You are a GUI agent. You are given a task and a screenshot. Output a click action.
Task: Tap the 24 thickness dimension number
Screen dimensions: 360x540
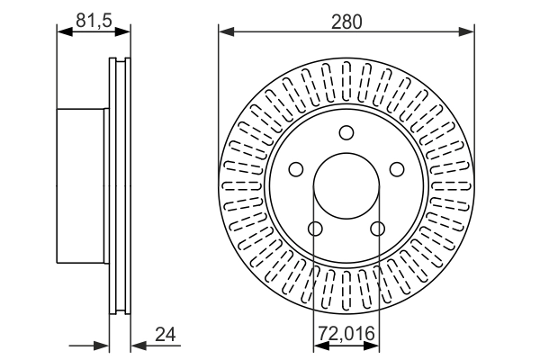(165, 335)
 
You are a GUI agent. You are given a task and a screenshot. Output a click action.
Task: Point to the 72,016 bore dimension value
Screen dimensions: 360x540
(346, 335)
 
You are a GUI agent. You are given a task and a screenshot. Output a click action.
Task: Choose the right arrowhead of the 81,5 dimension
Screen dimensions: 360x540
(123, 32)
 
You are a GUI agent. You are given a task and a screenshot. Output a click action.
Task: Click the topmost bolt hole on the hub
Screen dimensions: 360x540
(346, 133)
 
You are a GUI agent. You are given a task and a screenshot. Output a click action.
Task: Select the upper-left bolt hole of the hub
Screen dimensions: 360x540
(294, 170)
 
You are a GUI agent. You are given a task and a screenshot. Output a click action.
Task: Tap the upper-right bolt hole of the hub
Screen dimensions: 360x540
(397, 170)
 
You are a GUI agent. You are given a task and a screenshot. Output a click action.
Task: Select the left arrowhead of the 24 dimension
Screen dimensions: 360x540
(102, 346)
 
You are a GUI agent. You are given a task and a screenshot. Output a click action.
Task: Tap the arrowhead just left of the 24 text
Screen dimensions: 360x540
(138, 346)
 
